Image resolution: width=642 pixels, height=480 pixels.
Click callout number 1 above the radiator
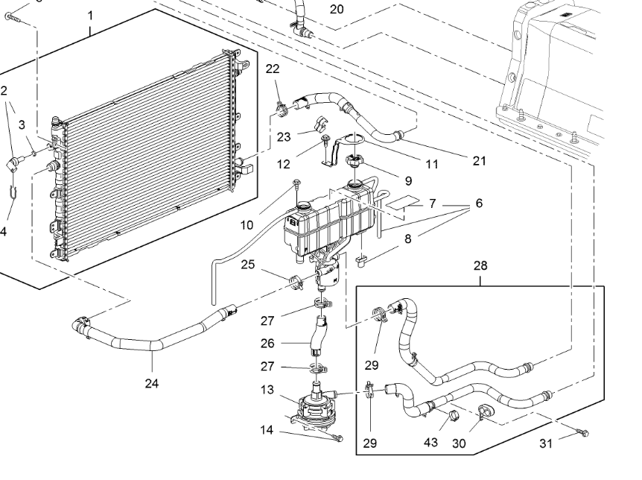click(x=90, y=15)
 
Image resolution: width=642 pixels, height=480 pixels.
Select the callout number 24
click(x=153, y=384)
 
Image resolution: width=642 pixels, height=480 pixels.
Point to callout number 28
click(x=480, y=265)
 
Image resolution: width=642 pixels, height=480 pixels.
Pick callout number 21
click(x=479, y=160)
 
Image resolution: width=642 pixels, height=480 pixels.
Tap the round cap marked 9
click(x=354, y=161)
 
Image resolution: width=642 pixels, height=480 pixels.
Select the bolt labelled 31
click(x=582, y=432)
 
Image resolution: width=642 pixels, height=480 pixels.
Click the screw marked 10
click(x=297, y=182)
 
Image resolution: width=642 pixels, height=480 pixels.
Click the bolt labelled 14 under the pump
click(x=336, y=438)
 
